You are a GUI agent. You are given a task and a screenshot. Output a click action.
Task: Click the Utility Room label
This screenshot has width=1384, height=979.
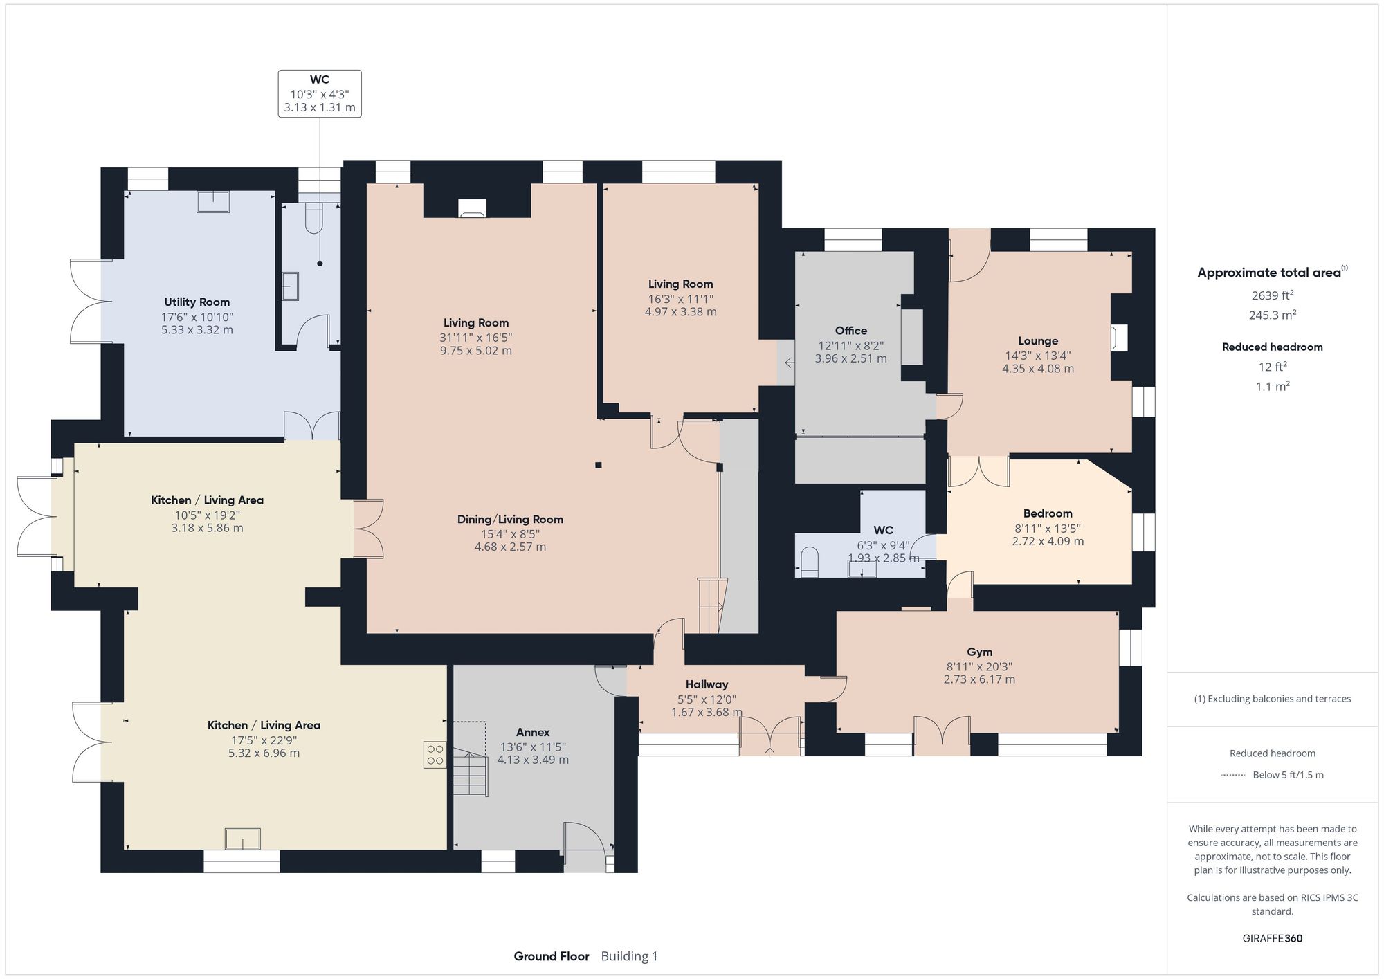[197, 302]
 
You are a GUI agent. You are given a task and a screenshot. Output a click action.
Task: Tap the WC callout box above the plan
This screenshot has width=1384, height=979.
[320, 93]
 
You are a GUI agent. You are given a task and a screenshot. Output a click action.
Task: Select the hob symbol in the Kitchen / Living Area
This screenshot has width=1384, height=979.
[435, 755]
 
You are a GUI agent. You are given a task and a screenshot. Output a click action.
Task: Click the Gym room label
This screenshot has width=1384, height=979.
[979, 652]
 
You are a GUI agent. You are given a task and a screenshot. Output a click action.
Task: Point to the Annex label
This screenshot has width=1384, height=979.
[533, 732]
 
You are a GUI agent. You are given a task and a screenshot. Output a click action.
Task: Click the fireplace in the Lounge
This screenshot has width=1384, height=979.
[1118, 338]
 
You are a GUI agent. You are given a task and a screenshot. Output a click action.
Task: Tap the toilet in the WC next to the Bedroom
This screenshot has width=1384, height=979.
[808, 561]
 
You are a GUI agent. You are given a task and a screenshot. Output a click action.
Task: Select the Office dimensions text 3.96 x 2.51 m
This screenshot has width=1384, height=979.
[850, 358]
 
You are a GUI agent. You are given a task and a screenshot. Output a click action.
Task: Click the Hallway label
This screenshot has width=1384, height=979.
[707, 684]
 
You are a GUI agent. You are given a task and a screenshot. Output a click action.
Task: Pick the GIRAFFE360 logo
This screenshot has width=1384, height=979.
[1272, 938]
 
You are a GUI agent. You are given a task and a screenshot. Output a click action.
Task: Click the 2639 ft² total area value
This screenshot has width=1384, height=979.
[1272, 295]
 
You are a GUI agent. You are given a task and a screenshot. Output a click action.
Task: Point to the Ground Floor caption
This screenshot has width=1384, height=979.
[551, 956]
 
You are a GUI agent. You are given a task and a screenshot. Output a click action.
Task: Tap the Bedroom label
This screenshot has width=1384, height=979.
[1048, 513]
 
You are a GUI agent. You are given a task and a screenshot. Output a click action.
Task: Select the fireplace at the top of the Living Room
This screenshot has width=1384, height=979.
[473, 208]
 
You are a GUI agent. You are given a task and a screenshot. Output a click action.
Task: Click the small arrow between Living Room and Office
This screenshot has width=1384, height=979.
[790, 362]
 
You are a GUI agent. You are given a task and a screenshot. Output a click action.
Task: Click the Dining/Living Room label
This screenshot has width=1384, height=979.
[510, 520]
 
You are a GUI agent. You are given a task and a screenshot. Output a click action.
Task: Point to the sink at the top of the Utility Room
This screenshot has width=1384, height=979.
[213, 201]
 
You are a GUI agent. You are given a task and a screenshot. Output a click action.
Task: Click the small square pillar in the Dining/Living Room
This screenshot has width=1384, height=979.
[599, 465]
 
